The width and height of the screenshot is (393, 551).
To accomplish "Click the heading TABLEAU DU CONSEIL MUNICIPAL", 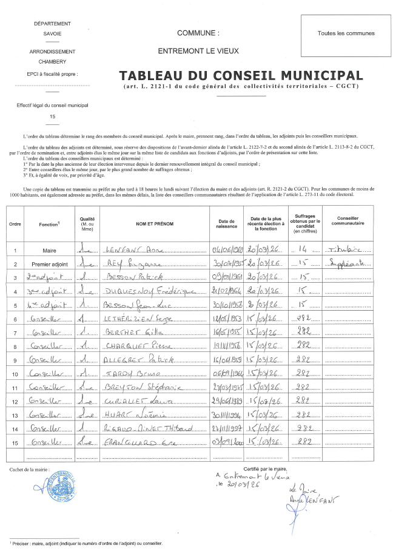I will click(241, 76).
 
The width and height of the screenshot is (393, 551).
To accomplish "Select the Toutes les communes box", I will click(346, 33).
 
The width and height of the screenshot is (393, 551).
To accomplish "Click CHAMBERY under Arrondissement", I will click(52, 61).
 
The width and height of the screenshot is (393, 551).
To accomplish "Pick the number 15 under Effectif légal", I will click(52, 116).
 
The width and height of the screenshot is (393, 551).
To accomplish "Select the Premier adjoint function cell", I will click(50, 264).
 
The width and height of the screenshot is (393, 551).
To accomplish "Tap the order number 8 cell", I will click(15, 346).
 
